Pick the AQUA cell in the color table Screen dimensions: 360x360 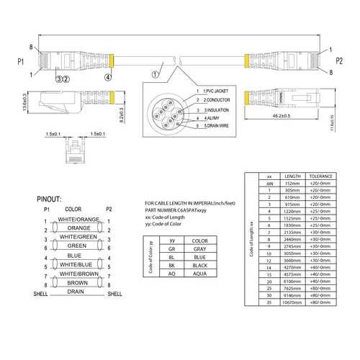[x=200, y=274]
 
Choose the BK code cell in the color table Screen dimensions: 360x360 [x=171, y=266]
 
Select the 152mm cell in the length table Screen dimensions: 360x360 [x=293, y=184]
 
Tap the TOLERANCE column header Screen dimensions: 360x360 [x=320, y=176]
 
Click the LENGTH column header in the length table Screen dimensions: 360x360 [x=293, y=176]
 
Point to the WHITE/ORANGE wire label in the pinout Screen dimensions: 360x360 [x=78, y=219]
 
